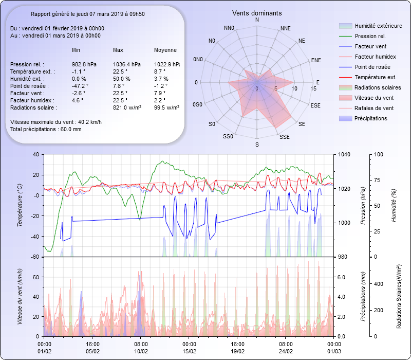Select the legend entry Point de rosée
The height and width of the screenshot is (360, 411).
(372, 67)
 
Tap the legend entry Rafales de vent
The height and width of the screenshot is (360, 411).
(374, 108)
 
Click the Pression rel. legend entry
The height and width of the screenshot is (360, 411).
(370, 36)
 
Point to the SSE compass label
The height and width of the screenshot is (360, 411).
(284, 137)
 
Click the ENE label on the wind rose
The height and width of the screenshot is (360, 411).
(316, 60)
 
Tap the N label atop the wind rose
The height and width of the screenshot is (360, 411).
(257, 20)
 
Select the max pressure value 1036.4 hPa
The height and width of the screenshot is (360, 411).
(126, 64)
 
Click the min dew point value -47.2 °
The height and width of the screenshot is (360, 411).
(80, 86)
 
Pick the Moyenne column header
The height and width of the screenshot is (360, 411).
(165, 50)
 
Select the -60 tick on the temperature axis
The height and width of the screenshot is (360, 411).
(35, 257)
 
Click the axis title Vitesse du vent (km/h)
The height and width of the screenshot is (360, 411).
(20, 296)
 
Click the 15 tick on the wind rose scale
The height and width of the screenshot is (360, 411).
(313, 88)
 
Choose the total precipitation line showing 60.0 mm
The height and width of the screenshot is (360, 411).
(46, 129)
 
